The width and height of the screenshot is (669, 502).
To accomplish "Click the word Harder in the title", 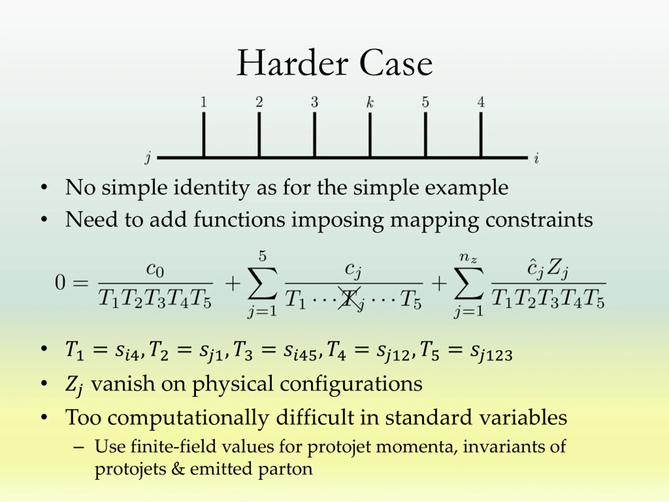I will [x=292, y=64].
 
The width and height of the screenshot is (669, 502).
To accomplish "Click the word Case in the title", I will [x=396, y=64].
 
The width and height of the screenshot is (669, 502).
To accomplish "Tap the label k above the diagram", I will [x=370, y=102].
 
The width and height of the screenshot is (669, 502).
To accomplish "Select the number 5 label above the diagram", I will [x=425, y=102].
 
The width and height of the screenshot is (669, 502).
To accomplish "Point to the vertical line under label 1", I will [x=204, y=135].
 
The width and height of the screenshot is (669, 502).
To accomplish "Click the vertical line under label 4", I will [x=481, y=135].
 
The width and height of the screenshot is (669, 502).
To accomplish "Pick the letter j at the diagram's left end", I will [x=148, y=158].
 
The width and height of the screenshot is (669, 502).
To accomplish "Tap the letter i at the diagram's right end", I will [x=536, y=158].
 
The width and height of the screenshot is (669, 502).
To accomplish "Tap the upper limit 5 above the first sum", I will [x=262, y=256].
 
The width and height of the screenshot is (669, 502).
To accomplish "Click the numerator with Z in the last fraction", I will [x=548, y=268].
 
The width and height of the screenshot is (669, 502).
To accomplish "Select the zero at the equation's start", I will [x=60, y=283].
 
